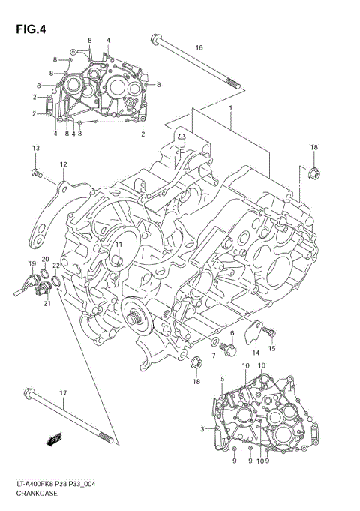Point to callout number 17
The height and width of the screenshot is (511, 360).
[x=63, y=394]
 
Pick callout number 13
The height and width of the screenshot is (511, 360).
[x=35, y=149]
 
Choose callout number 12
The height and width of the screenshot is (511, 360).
[x=63, y=164]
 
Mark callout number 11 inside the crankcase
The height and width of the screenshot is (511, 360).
[x=118, y=245]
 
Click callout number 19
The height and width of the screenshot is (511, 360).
[x=32, y=263]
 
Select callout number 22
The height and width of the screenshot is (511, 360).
[x=56, y=266]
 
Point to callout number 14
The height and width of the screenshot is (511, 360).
[x=255, y=353]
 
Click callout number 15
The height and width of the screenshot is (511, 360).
[x=272, y=349]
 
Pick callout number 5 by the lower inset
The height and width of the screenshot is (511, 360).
[x=222, y=380]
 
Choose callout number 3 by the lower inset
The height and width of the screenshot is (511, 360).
[x=202, y=428]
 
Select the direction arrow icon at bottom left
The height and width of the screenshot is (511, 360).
[x=53, y=441]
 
